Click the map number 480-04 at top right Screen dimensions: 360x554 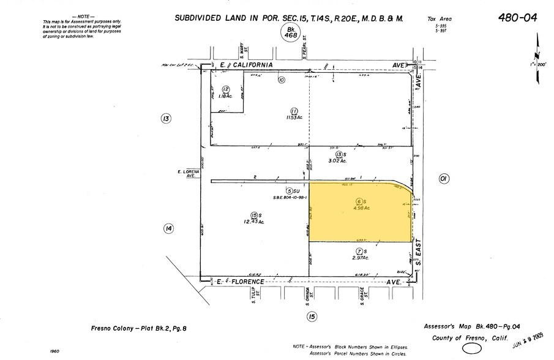pyautogui.click(x=518, y=18)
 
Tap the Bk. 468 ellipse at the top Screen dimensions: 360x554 pyautogui.click(x=288, y=32)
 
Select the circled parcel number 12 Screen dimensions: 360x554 pyautogui.click(x=226, y=89)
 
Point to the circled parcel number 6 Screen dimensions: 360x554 pyautogui.click(x=359, y=201)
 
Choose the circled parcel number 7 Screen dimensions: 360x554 pyautogui.click(x=359, y=252)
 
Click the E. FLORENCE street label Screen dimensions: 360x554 pyautogui.click(x=241, y=282)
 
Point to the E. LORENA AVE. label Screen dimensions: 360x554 pyautogui.click(x=187, y=174)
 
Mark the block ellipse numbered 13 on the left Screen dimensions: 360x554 pyautogui.click(x=165, y=119)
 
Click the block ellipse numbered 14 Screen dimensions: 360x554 pyautogui.click(x=168, y=228)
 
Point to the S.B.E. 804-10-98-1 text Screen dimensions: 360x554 pyautogui.click(x=290, y=198)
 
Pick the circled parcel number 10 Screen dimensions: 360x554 pyautogui.click(x=282, y=80)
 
